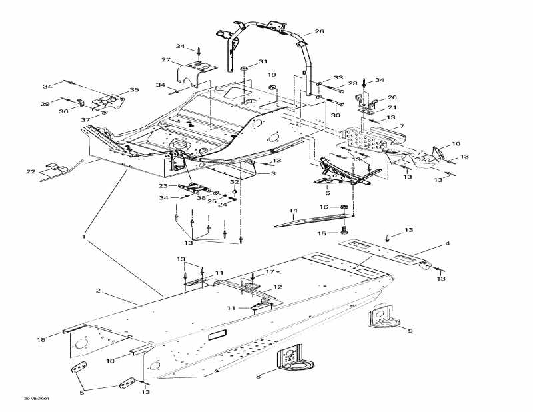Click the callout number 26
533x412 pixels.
tap(319, 31)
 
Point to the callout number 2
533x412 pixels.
tap(98, 291)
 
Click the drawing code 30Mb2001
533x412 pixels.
tap(36, 399)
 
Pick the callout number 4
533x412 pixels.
tap(447, 243)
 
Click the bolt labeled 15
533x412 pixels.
tap(344, 230)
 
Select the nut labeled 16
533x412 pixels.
tap(342, 207)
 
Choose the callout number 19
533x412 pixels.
tap(272, 75)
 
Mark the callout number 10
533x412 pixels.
tap(456, 144)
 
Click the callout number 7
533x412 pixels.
tap(402, 126)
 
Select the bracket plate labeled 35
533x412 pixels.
tap(110, 101)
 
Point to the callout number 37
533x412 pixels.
tap(85, 119)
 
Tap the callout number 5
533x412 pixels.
tap(83, 393)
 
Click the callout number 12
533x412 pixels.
tap(278, 287)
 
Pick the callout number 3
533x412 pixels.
tap(272, 173)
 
